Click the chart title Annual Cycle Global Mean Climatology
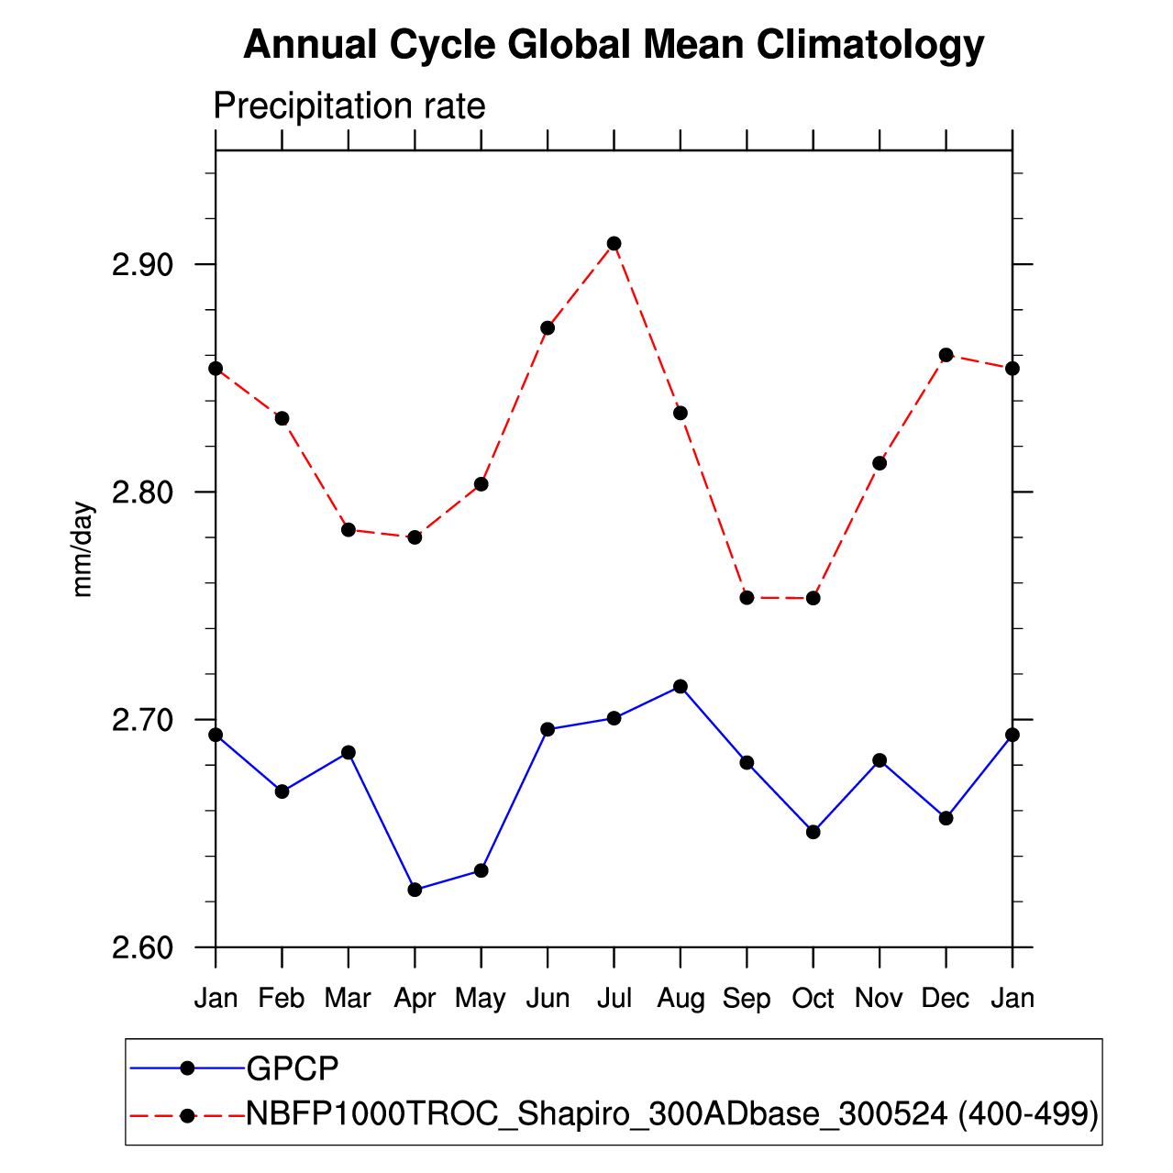click(x=614, y=45)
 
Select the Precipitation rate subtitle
click(x=349, y=106)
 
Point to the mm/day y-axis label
click(x=83, y=549)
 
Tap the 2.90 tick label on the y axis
click(x=142, y=265)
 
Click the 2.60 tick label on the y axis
click(x=142, y=947)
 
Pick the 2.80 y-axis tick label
click(x=142, y=492)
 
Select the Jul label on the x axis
click(x=614, y=998)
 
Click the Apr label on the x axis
click(x=415, y=999)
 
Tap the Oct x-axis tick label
click(x=813, y=998)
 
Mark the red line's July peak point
click(x=614, y=244)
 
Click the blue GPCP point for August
click(x=681, y=687)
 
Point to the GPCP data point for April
click(x=415, y=890)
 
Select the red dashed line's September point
click(x=747, y=598)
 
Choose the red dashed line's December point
click(x=946, y=355)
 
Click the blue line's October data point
click(x=813, y=832)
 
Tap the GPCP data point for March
click(x=349, y=753)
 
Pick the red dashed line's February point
click(x=282, y=418)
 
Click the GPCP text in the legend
click(x=293, y=1068)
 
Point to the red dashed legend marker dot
click(x=188, y=1115)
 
